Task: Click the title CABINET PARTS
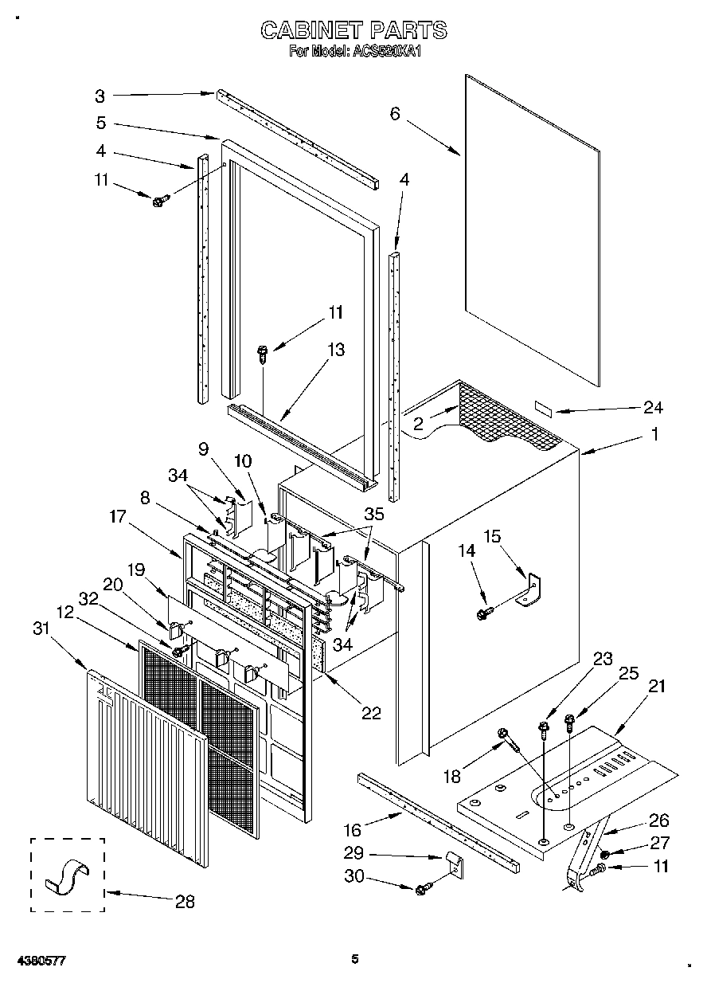(354, 30)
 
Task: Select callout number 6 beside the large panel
(395, 114)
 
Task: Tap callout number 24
(654, 407)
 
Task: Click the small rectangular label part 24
(545, 408)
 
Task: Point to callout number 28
(184, 901)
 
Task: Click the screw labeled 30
(424, 887)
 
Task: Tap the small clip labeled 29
(454, 863)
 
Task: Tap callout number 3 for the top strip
(100, 96)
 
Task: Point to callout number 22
(370, 712)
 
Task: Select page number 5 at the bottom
(355, 958)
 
